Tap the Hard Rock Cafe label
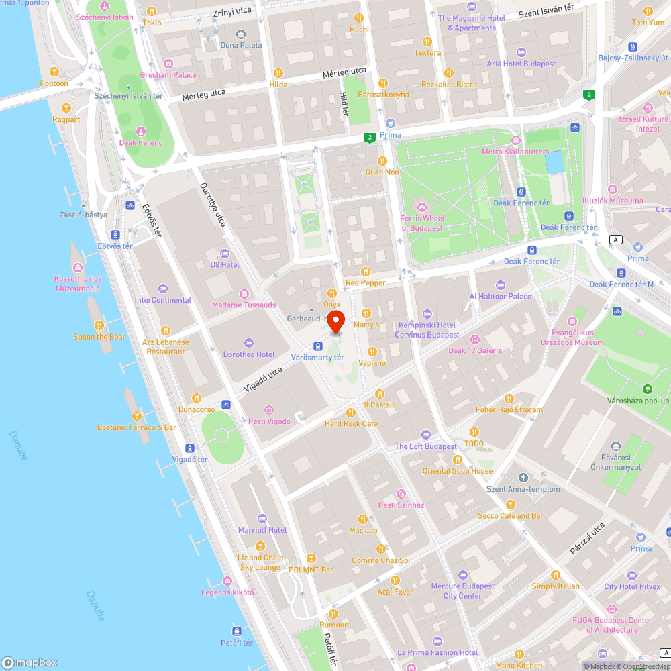[351, 423]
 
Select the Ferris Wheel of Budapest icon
[421, 207]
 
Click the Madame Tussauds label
[244, 305]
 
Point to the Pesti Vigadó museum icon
[269, 410]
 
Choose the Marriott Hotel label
[262, 530]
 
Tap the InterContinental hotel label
[163, 300]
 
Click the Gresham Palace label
[168, 75]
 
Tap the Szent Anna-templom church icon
[514, 477]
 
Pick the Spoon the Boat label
[99, 337]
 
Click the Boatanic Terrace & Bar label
[136, 427]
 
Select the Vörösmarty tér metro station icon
[318, 346]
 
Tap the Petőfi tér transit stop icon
[237, 631]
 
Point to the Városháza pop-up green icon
[647, 389]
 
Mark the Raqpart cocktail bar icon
[66, 108]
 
